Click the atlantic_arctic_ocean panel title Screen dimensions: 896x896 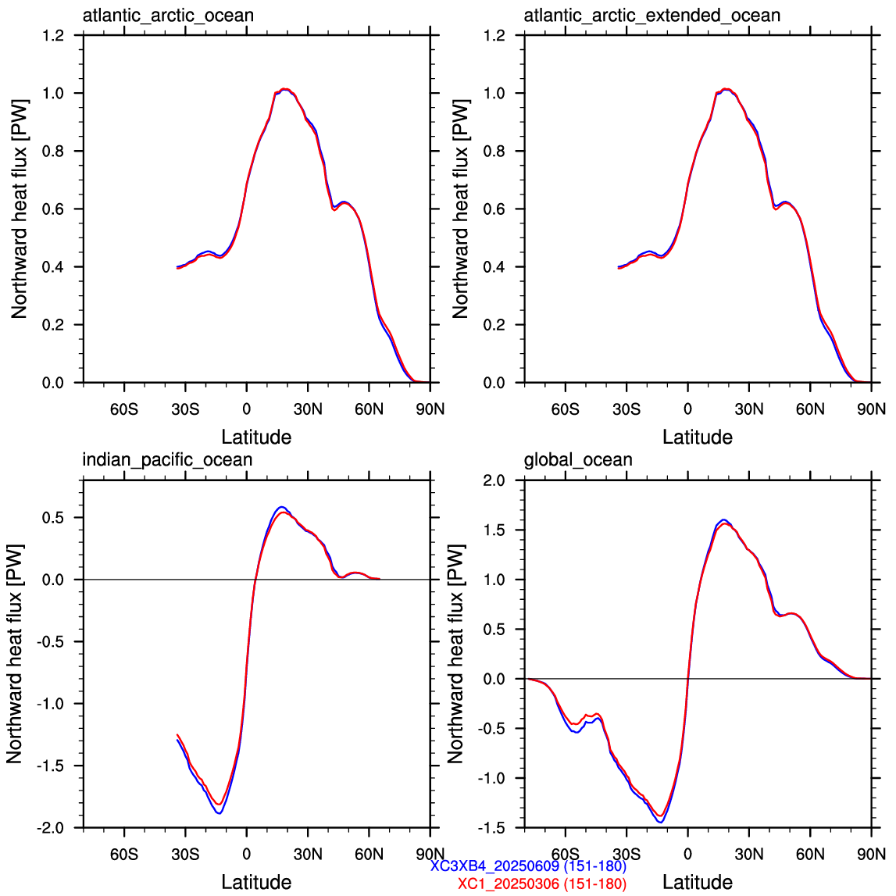[168, 16]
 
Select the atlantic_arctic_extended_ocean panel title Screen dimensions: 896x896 [652, 16]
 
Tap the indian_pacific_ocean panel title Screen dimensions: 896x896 [167, 460]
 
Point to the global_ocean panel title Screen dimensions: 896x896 [578, 460]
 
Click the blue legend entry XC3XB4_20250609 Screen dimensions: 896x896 [529, 866]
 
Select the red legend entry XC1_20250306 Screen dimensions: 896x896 [542, 884]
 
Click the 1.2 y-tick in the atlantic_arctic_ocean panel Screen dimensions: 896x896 [53, 35]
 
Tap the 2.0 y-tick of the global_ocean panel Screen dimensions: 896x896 [494, 480]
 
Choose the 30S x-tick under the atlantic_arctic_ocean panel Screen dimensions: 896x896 [185, 409]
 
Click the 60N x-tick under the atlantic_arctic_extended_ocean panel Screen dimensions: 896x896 [810, 409]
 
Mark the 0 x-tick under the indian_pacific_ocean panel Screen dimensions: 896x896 [246, 855]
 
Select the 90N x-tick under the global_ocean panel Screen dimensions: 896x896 [872, 855]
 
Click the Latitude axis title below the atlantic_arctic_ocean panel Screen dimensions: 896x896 [256, 437]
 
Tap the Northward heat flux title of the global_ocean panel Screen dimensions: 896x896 [455, 654]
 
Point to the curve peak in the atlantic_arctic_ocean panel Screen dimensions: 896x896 [285, 89]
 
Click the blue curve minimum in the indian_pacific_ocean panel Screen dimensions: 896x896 [219, 812]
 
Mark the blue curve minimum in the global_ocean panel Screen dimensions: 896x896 [661, 822]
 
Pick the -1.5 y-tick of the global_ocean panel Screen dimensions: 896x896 [492, 827]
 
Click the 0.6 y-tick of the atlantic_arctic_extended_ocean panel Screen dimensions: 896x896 [494, 209]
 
